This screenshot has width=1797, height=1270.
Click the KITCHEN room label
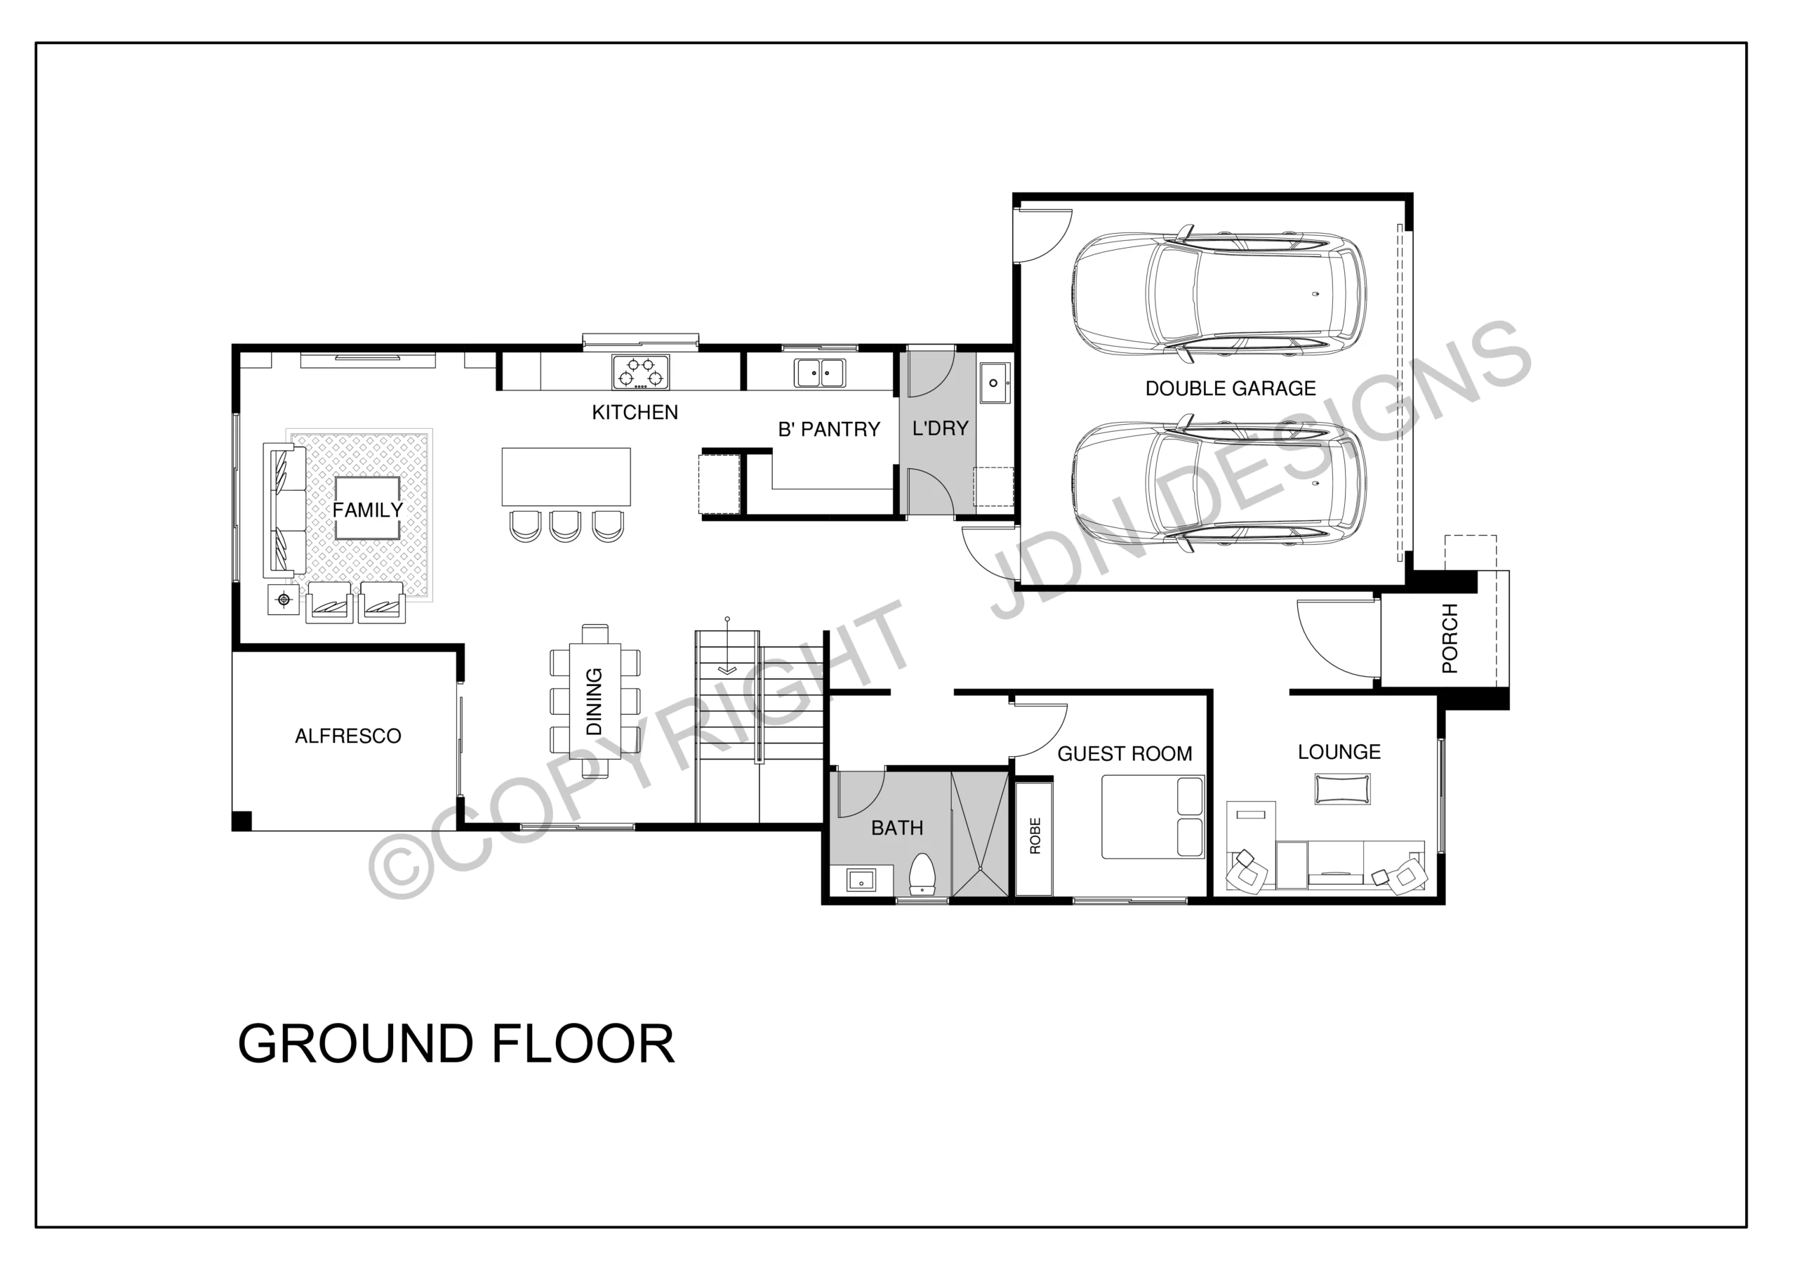635,413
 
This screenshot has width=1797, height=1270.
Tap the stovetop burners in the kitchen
641,372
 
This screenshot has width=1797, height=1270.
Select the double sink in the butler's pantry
819,373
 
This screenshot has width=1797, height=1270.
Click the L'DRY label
940,428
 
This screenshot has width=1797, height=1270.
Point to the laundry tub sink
994,383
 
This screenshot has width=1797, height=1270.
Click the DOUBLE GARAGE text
1231,388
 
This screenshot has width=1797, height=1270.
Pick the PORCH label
1450,638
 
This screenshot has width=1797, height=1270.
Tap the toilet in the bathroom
923,875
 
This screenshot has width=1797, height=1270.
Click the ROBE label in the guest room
1035,835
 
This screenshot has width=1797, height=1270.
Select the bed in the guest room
1153,816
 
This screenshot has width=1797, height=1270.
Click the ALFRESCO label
347,736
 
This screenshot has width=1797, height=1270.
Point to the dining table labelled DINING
595,701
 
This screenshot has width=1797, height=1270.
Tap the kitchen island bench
566,477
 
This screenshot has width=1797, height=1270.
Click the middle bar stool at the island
565,526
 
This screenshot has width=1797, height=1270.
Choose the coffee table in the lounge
1342,789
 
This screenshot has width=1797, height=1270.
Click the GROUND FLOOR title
456,1044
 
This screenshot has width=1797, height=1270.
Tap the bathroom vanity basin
861,881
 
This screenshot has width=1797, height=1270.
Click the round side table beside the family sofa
284,600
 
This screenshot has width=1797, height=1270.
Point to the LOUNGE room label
1339,753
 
